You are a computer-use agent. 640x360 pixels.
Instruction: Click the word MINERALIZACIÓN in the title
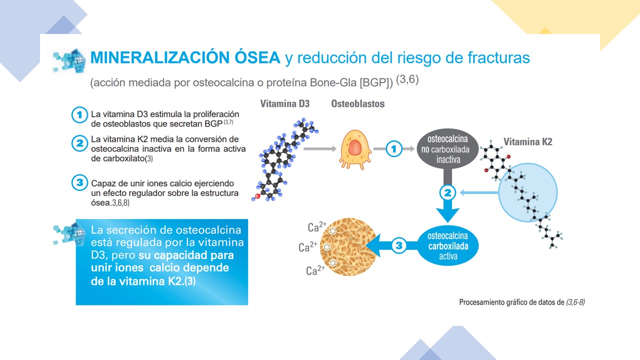click(x=160, y=57)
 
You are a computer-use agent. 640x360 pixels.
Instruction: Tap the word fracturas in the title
click(x=498, y=57)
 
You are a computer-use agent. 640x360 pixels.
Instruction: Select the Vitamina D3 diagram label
click(x=285, y=103)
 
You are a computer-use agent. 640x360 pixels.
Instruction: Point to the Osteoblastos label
click(x=357, y=103)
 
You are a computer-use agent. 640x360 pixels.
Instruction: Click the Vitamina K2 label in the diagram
click(x=527, y=141)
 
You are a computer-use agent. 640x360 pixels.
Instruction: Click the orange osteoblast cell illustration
click(x=355, y=149)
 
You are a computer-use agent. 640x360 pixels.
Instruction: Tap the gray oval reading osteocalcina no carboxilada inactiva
click(x=447, y=149)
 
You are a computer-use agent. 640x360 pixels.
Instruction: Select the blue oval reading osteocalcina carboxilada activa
click(x=447, y=245)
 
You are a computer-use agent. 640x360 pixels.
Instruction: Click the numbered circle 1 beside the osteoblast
click(x=393, y=149)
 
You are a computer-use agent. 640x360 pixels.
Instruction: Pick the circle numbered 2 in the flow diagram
click(x=447, y=193)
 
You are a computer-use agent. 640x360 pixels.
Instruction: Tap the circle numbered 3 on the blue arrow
click(x=399, y=245)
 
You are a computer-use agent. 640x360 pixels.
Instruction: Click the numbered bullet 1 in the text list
click(x=79, y=115)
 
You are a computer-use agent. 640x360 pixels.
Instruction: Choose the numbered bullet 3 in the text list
click(x=79, y=182)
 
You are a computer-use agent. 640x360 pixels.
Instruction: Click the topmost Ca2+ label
click(x=317, y=227)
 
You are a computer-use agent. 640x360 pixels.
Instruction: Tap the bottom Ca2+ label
click(x=315, y=270)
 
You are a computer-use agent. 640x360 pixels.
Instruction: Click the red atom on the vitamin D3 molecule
click(x=257, y=196)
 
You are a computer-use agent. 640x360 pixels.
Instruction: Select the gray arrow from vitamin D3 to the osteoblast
click(x=319, y=149)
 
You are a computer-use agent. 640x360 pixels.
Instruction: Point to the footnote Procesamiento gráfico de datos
click(x=511, y=302)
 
